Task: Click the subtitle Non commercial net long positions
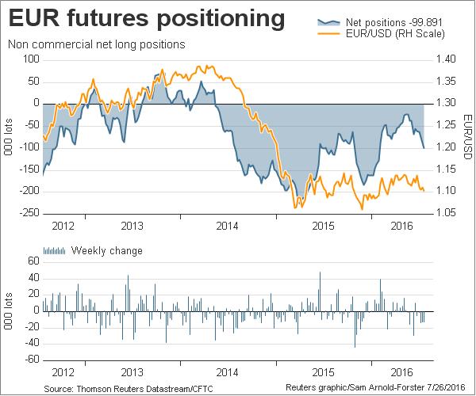pyautogui.click(x=95, y=44)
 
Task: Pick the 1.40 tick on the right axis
pyautogui.click(x=447, y=59)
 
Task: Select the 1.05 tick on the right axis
pyautogui.click(x=447, y=213)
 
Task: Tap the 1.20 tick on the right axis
pyautogui.click(x=447, y=147)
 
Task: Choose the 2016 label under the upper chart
pyautogui.click(x=406, y=225)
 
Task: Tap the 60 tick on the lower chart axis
pyautogui.click(x=34, y=261)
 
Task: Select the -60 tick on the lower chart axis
pyautogui.click(x=32, y=360)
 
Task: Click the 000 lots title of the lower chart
pyautogui.click(x=9, y=310)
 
